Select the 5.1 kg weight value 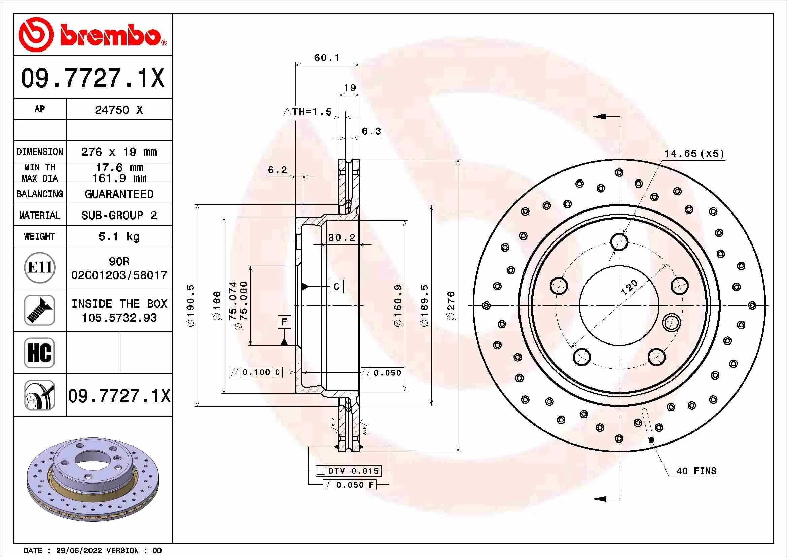click(x=119, y=237)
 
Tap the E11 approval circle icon click(x=40, y=267)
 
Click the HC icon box click(x=39, y=353)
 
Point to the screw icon click(x=39, y=310)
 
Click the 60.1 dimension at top click(x=327, y=58)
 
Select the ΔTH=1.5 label click(x=308, y=112)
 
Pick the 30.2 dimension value click(x=342, y=238)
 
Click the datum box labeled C click(x=336, y=286)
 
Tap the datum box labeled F click(x=284, y=322)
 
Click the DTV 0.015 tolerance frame click(x=348, y=471)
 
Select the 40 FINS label click(x=696, y=471)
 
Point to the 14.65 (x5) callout click(x=694, y=153)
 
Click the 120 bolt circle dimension click(x=629, y=287)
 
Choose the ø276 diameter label click(x=451, y=305)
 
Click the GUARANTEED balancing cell click(x=119, y=194)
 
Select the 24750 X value click(x=118, y=110)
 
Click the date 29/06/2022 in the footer click(x=78, y=551)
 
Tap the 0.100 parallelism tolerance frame click(x=256, y=372)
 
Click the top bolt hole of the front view click(x=619, y=242)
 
